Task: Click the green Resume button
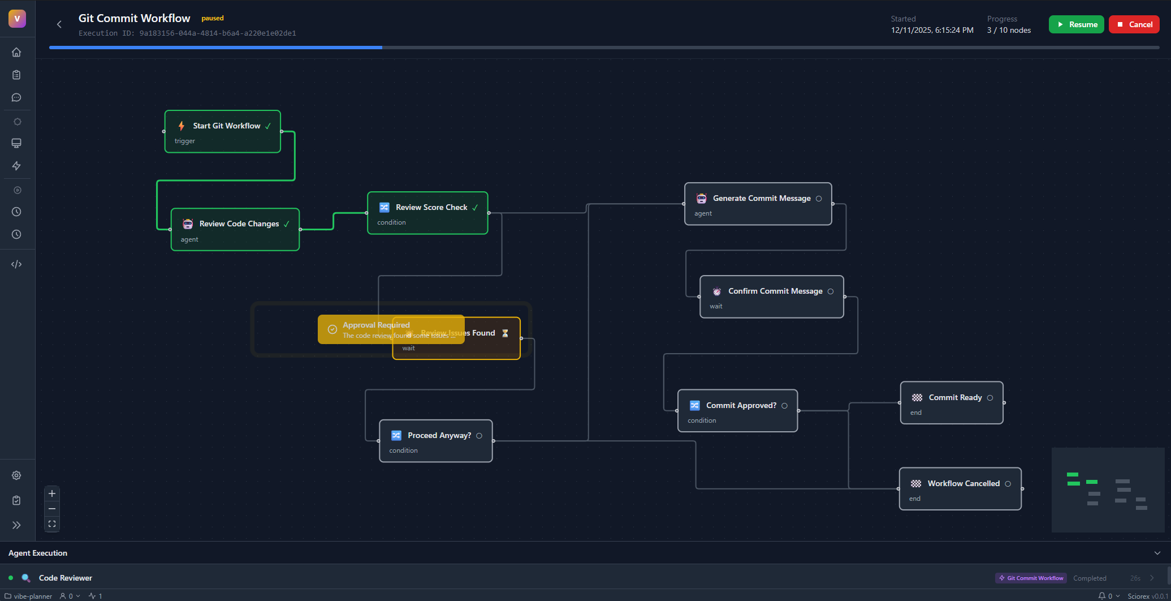[x=1076, y=24]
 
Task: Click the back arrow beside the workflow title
[x=59, y=24]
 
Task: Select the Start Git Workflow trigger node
[x=222, y=132]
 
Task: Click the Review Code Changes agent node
[x=235, y=230]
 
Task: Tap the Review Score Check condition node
[x=427, y=213]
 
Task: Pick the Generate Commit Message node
[x=758, y=204]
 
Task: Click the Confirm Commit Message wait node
[x=771, y=297]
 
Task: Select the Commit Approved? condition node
[x=737, y=411]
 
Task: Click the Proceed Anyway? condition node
[x=435, y=441]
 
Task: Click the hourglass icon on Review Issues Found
[x=505, y=333]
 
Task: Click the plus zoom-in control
[x=52, y=493]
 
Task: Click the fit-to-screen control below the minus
[x=52, y=524]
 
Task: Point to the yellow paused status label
[x=213, y=18]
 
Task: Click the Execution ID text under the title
[x=187, y=33]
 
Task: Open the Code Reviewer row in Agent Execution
[x=66, y=578]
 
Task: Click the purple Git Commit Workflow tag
[x=1031, y=578]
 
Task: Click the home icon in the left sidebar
[x=16, y=52]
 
